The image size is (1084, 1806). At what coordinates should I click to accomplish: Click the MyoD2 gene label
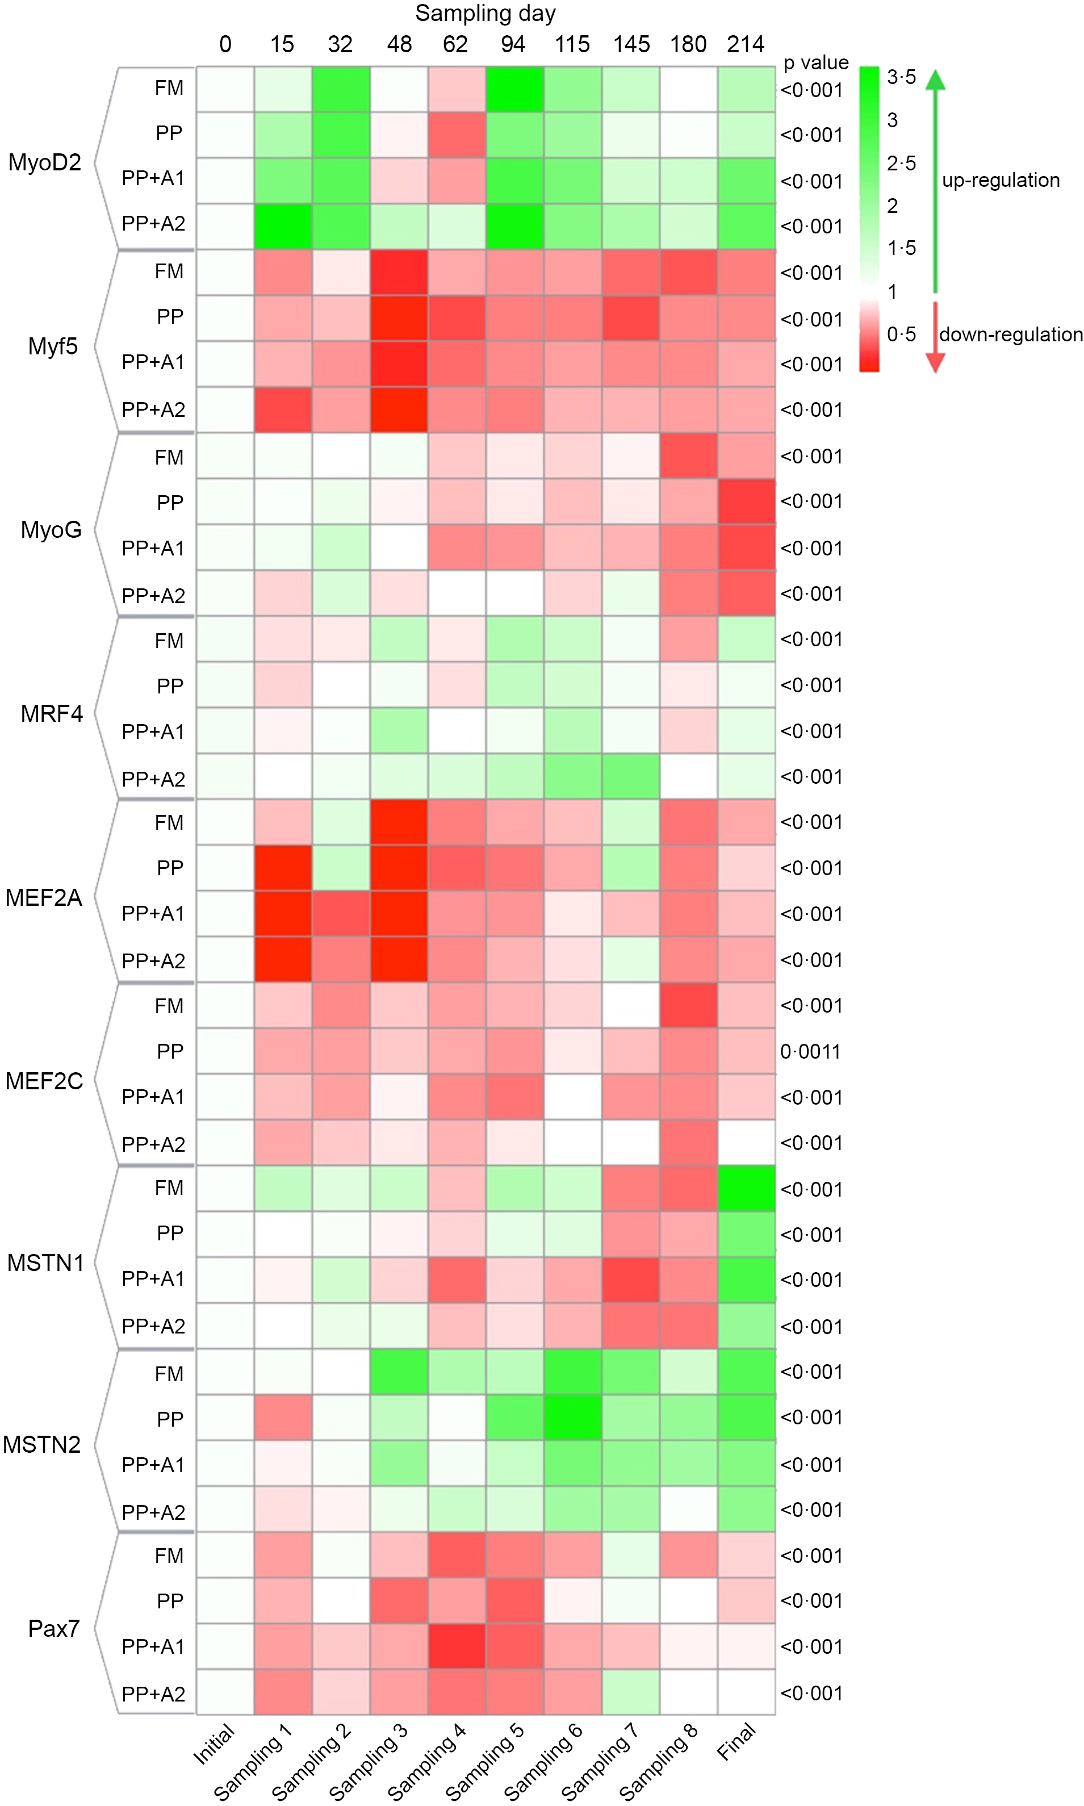click(x=44, y=162)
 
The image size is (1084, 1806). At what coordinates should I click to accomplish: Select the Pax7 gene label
click(x=53, y=1628)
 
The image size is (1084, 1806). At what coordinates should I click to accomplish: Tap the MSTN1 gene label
click(x=45, y=1262)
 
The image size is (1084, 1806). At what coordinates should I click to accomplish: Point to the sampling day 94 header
click(x=513, y=44)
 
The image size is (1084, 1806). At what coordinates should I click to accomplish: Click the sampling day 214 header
click(x=745, y=44)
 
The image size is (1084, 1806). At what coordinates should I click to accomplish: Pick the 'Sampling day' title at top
click(x=485, y=13)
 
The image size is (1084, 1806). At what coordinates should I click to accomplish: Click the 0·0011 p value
click(x=810, y=1051)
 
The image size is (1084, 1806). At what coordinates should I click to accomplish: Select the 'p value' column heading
click(x=816, y=63)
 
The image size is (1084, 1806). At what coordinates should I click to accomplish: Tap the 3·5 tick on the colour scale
click(x=901, y=77)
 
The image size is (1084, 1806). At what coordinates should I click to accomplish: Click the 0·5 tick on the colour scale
click(x=901, y=335)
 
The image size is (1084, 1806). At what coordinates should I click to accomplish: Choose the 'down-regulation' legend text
click(x=1010, y=335)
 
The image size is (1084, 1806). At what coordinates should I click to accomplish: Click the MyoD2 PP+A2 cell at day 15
click(x=283, y=227)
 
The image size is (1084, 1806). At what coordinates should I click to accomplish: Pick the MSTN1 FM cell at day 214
click(x=746, y=1189)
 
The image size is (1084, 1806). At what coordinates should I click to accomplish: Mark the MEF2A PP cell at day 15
click(x=283, y=868)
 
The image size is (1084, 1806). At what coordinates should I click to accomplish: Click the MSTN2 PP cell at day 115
click(x=573, y=1418)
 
